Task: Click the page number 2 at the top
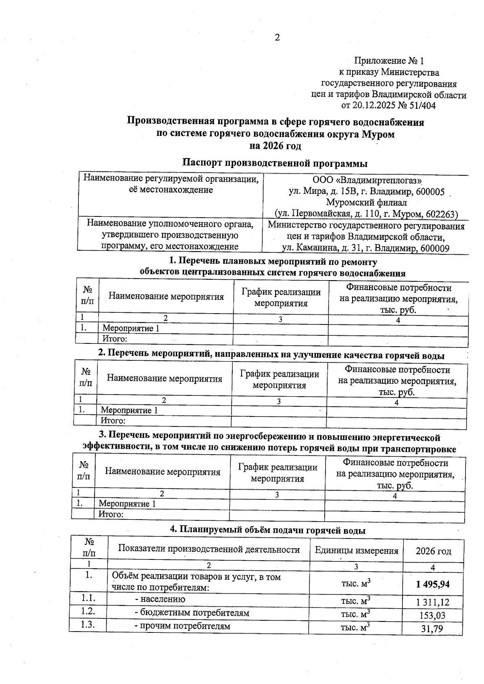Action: (x=277, y=38)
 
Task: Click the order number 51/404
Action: (x=421, y=106)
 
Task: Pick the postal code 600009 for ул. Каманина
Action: (x=434, y=248)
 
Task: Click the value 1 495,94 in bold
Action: (x=433, y=584)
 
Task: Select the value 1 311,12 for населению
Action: (x=433, y=603)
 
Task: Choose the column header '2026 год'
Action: (x=433, y=551)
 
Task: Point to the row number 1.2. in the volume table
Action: (x=88, y=611)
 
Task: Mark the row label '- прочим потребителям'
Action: (x=182, y=626)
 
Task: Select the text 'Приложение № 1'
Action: (x=389, y=61)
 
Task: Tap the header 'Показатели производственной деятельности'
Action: (x=209, y=549)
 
